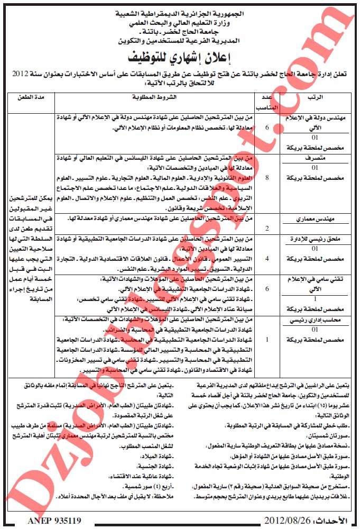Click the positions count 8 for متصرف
266,178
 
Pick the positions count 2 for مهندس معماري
266,229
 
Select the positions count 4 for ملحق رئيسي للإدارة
266,258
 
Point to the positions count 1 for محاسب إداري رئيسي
266,339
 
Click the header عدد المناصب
266,102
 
